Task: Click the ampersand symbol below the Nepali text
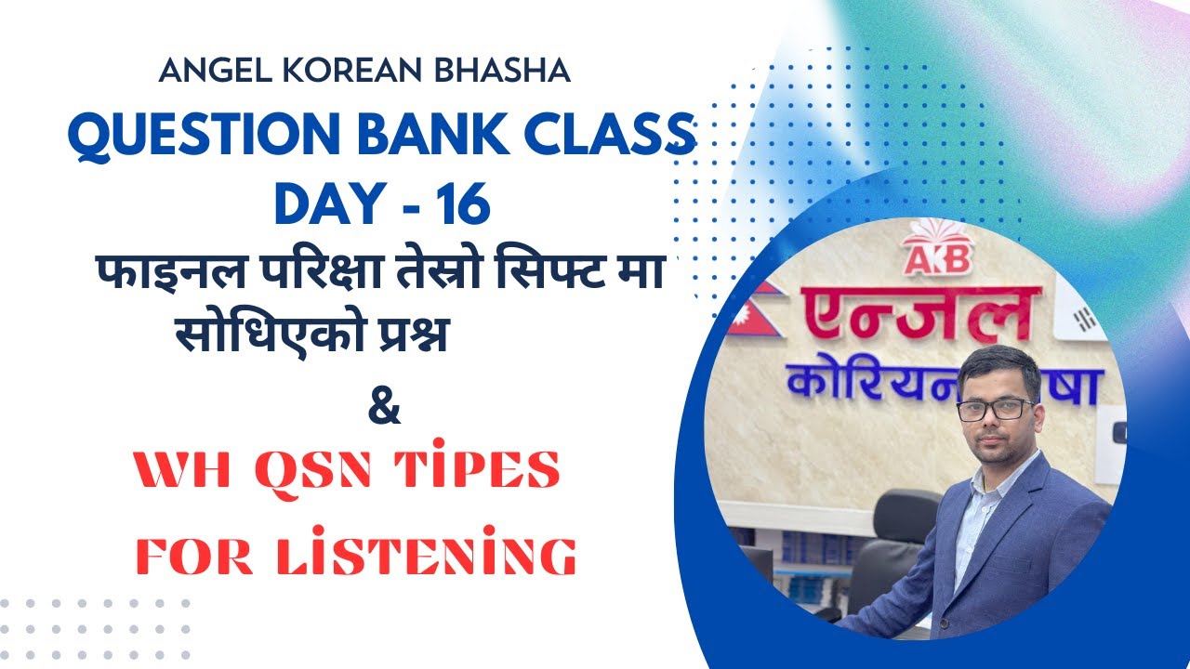385,409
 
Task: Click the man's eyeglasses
995,409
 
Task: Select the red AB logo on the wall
936,254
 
